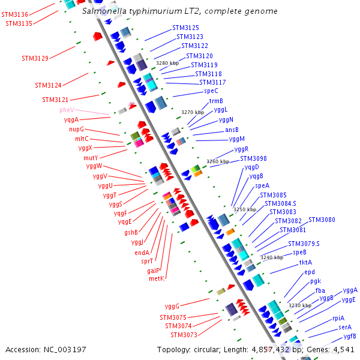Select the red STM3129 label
click(x=35, y=58)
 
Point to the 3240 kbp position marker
click(x=271, y=257)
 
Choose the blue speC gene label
click(x=211, y=91)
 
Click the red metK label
click(x=157, y=278)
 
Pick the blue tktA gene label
click(x=306, y=263)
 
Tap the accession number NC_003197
click(x=63, y=349)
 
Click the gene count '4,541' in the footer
click(x=343, y=349)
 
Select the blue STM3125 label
click(x=186, y=28)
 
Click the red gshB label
click(x=131, y=232)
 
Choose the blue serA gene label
click(x=345, y=327)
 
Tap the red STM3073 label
click(x=184, y=335)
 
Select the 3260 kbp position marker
click(x=218, y=161)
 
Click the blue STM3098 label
click(x=253, y=158)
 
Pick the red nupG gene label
click(x=76, y=129)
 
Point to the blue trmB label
click(x=216, y=101)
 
